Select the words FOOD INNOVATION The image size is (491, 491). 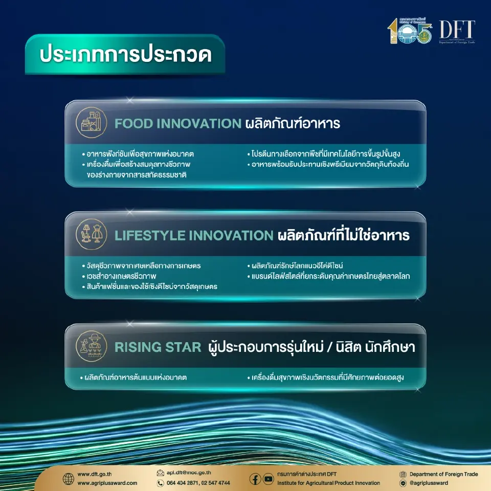tap(177, 123)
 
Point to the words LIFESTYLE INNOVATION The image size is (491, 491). tap(194, 235)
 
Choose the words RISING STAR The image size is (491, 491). tap(158, 347)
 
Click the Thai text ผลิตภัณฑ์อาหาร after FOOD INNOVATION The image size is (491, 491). tap(293, 123)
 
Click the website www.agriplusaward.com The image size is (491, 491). tap(107, 483)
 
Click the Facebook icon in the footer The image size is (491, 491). tap(255, 479)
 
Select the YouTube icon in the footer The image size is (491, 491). tap(269, 479)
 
